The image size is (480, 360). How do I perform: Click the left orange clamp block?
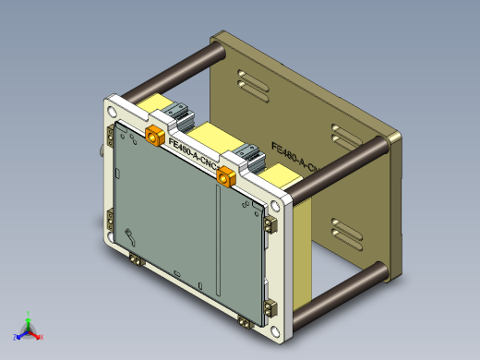(155, 138)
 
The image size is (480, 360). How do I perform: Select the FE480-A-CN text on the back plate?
(294, 157)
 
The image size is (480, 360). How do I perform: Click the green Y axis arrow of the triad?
(29, 317)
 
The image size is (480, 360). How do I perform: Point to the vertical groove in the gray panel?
(214, 231)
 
